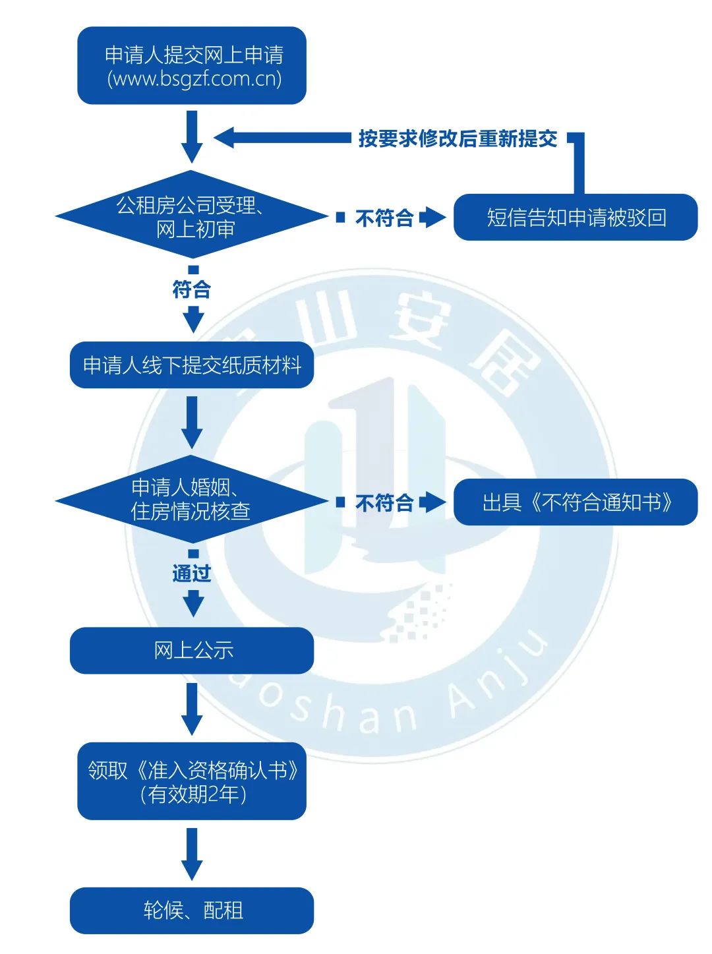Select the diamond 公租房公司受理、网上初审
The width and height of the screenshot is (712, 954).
pyautogui.click(x=191, y=217)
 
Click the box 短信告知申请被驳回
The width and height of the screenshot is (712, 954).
pyautogui.click(x=576, y=217)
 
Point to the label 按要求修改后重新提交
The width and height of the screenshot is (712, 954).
pyautogui.click(x=458, y=138)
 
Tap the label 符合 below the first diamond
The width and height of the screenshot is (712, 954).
pyautogui.click(x=191, y=289)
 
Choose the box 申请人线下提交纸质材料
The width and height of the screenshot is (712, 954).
pyautogui.click(x=192, y=365)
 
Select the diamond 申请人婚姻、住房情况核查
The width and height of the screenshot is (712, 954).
pyautogui.click(x=191, y=499)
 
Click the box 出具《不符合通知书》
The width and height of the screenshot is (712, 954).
pyautogui.click(x=576, y=502)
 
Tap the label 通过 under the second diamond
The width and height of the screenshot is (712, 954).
pyautogui.click(x=191, y=573)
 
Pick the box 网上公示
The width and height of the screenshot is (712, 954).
pyautogui.click(x=192, y=650)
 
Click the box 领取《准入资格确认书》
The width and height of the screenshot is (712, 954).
pyautogui.click(x=192, y=770)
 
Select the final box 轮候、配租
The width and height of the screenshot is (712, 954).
pyautogui.click(x=192, y=910)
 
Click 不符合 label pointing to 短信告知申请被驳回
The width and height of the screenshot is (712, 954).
pyautogui.click(x=384, y=218)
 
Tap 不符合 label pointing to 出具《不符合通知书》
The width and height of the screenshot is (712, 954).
pyautogui.click(x=384, y=503)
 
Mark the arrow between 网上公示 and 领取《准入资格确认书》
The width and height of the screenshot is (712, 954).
pyautogui.click(x=192, y=709)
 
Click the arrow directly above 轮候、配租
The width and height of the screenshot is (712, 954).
pyautogui.click(x=192, y=854)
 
